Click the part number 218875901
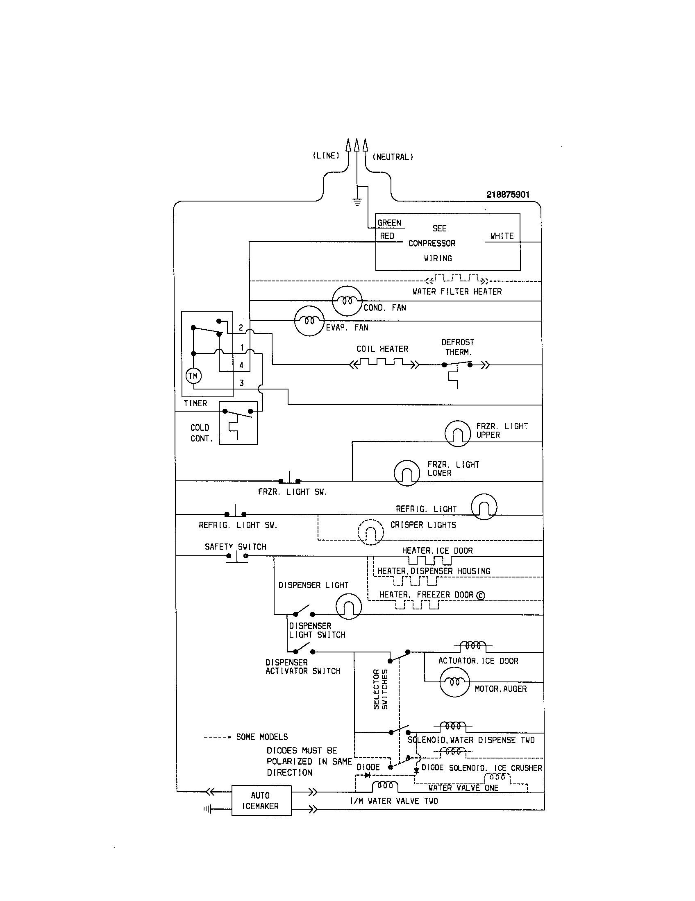tap(507, 195)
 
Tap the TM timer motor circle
tap(193, 376)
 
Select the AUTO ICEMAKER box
tap(261, 800)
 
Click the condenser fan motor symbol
tap(347, 301)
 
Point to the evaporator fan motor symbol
tap(309, 321)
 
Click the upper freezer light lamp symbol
tap(457, 433)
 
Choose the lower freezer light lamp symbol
tap(407, 473)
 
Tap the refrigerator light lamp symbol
tap(484, 507)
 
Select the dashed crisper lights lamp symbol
tap(370, 532)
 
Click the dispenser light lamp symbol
tap(348, 606)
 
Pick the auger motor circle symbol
tap(454, 682)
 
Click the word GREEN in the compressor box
tap(389, 223)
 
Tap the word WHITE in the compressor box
tap(502, 236)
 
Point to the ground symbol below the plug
tap(357, 202)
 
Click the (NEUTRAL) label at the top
tap(393, 157)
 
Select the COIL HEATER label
tap(382, 349)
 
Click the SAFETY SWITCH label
tap(235, 547)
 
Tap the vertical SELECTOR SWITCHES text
tap(381, 689)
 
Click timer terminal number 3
tap(242, 383)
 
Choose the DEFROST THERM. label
tap(458, 347)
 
